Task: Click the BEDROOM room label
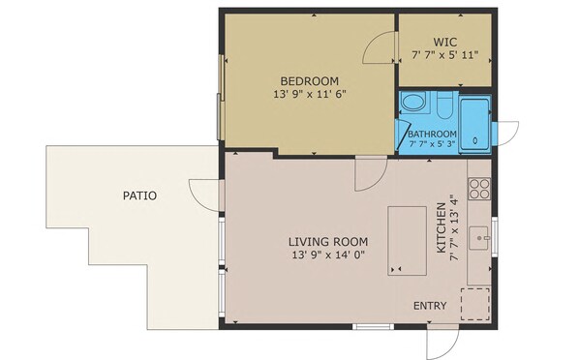tap(310, 81)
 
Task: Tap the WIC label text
tap(445, 42)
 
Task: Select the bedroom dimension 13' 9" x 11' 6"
tap(310, 94)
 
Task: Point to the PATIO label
tap(139, 195)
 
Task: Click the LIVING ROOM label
tap(328, 242)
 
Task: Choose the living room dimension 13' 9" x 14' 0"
tap(328, 255)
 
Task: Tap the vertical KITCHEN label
tap(442, 227)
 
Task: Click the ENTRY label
tap(430, 306)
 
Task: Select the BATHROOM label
tap(432, 134)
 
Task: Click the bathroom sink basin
tap(413, 102)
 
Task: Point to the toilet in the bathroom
tap(444, 105)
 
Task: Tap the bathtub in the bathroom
tap(474, 124)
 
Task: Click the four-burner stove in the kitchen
tap(479, 189)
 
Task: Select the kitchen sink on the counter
tap(479, 238)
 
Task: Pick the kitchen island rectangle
tap(407, 241)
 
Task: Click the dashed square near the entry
tap(474, 304)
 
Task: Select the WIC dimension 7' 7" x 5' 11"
tap(445, 55)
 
